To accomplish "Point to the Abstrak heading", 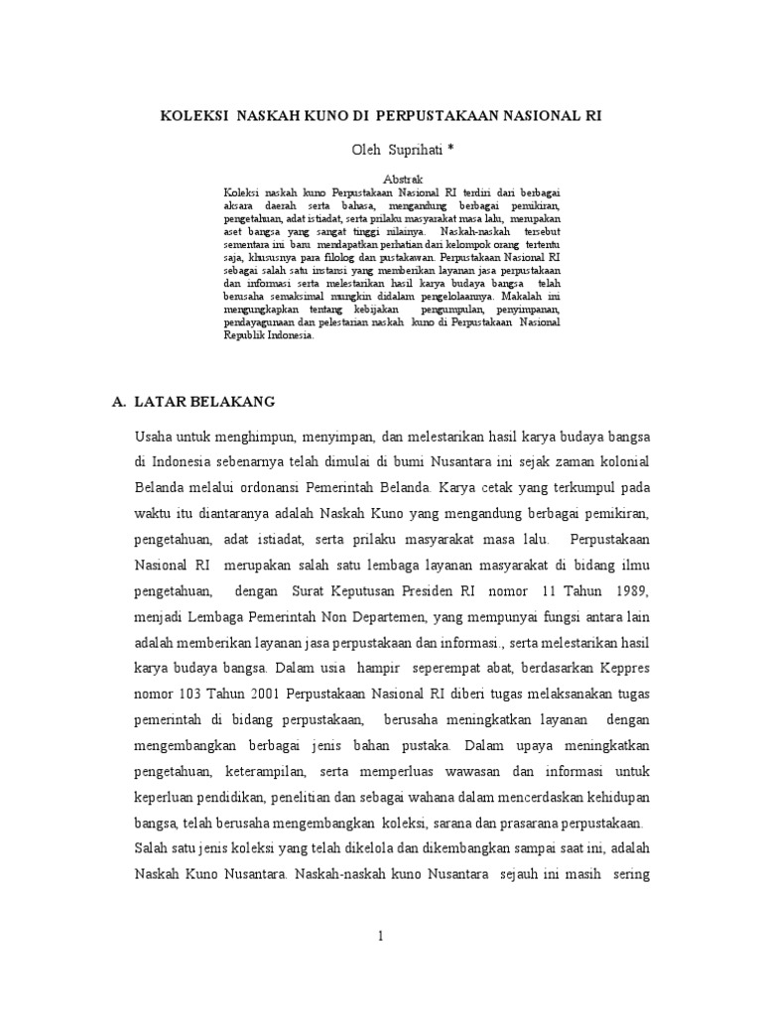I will [389, 178].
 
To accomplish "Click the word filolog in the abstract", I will [341, 255].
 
